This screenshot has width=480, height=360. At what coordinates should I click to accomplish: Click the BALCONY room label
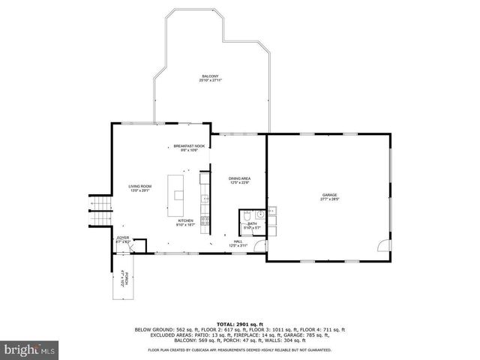point(210,76)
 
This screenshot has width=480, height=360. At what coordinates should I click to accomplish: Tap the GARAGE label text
point(329,195)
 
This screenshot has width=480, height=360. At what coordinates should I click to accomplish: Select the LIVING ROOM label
point(140,186)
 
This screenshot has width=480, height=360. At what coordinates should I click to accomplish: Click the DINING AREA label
point(238,178)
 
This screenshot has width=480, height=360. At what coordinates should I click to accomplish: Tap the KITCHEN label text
point(185,220)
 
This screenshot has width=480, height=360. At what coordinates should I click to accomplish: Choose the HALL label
point(237,241)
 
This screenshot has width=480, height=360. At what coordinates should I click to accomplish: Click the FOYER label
point(122,238)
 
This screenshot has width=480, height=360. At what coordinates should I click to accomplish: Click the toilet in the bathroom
point(247,218)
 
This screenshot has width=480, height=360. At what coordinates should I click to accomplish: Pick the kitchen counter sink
point(204,198)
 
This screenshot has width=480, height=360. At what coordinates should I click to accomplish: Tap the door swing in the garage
point(383,247)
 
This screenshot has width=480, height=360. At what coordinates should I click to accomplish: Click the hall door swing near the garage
point(259,245)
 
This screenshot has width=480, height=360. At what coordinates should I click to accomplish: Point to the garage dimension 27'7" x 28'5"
point(329,199)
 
